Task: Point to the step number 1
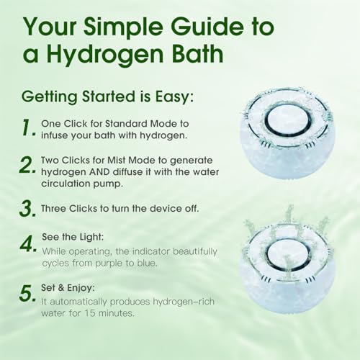[28, 128]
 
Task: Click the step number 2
[28, 165]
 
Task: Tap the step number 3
[28, 209]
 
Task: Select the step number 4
[28, 243]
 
